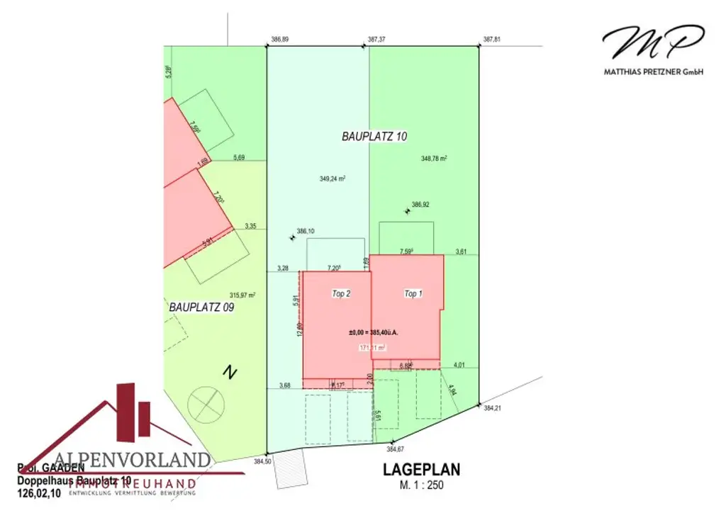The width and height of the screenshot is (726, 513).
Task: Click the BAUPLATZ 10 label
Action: point(374,137)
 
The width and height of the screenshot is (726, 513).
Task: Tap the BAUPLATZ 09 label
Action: point(201,308)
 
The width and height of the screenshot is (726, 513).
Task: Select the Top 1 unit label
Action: point(413,293)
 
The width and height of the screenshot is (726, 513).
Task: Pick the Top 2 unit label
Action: point(342,293)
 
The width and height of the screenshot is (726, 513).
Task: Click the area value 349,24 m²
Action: point(333,179)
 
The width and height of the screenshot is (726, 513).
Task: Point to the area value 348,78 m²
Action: point(434,159)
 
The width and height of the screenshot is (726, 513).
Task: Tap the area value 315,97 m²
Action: point(242,295)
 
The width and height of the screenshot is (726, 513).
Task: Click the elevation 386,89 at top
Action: point(280,40)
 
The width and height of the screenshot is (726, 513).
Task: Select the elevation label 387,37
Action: point(376,40)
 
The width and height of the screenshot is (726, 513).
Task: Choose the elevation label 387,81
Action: point(492,40)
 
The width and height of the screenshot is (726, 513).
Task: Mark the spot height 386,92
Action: point(420,205)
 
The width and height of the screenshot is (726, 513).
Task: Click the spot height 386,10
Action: point(306,231)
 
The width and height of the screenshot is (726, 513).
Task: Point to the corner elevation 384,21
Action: point(493,409)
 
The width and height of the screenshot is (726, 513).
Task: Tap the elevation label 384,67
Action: point(395,449)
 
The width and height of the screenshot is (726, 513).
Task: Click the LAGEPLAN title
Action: point(422,469)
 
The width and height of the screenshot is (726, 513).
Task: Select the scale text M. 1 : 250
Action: point(422,485)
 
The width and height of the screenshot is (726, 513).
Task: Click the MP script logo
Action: point(653,44)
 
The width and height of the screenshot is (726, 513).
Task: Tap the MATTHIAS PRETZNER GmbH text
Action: point(653,72)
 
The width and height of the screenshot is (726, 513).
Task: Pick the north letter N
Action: point(229,371)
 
